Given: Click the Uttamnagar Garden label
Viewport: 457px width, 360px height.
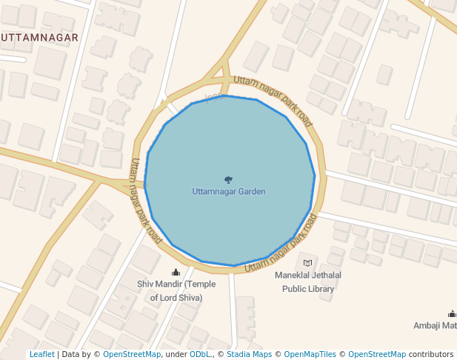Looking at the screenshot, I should [228, 192].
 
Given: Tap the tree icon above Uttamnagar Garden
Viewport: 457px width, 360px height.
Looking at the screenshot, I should [228, 180].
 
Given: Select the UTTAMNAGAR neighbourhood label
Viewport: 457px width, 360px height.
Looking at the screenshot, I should [39, 37].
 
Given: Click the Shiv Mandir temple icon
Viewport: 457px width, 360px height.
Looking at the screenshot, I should [176, 273].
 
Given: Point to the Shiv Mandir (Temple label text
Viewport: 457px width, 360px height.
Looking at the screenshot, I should [176, 284].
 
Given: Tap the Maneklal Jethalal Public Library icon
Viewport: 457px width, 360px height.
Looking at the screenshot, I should [308, 263].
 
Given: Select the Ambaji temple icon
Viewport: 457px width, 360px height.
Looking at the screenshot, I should [452, 314].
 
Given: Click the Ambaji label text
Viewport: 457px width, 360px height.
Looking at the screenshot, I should [436, 326].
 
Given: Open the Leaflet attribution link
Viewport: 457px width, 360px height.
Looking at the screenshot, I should [41, 355].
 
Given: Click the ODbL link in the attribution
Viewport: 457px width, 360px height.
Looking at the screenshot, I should [201, 355].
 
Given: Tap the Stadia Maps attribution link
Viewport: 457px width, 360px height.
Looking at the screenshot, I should [248, 355].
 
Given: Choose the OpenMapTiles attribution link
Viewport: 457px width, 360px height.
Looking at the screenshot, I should [310, 355].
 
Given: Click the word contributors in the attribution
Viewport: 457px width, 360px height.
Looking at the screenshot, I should [430, 355].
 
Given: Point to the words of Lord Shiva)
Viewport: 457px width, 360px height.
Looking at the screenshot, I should [176, 298].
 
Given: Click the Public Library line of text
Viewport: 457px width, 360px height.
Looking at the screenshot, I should [308, 288].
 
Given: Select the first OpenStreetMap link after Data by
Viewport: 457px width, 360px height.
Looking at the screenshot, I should [132, 355].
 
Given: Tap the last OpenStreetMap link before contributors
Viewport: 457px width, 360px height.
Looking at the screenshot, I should [377, 355].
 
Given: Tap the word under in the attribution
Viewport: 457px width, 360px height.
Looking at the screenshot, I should [176, 355].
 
